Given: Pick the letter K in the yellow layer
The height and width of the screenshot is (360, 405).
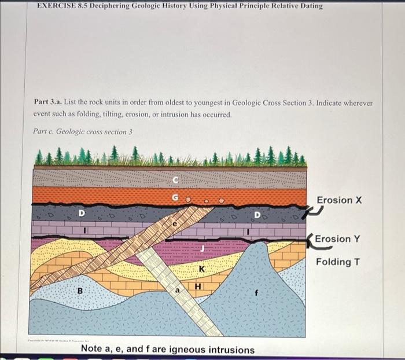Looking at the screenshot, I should point(201,270).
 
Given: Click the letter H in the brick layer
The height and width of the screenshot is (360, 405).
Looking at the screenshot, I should point(198,285).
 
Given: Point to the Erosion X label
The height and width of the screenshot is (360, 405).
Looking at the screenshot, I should point(339,200).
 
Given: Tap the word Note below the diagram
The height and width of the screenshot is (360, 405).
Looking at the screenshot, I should point(93,350).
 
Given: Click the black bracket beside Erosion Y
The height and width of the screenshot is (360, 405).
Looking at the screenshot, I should point(311,243).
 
